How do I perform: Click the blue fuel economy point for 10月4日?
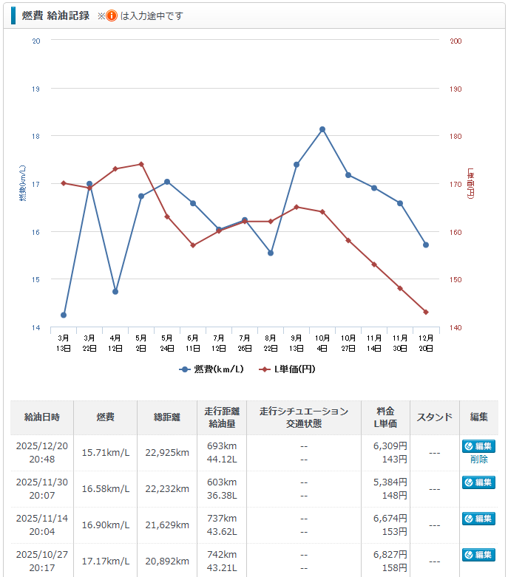click(x=322, y=129)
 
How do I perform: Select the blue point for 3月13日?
click(x=64, y=315)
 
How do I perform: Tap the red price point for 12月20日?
click(x=426, y=312)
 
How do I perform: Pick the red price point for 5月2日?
click(x=141, y=164)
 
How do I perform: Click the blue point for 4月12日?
click(x=115, y=292)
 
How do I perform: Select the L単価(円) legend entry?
click(x=289, y=369)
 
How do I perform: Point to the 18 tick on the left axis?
click(x=35, y=136)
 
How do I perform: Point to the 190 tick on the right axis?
click(x=455, y=89)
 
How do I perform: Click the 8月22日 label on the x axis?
click(x=271, y=343)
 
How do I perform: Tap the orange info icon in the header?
click(x=112, y=16)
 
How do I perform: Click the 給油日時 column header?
click(x=41, y=417)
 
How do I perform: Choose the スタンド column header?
click(x=434, y=417)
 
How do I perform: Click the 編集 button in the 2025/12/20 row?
click(x=478, y=446)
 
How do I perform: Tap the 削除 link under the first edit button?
click(x=478, y=460)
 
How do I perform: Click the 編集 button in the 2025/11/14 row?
click(x=478, y=519)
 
